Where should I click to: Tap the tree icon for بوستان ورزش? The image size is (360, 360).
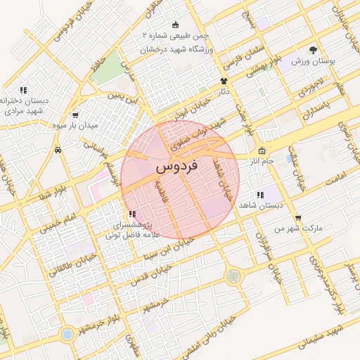[313, 51]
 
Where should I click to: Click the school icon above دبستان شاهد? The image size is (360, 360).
[260, 195]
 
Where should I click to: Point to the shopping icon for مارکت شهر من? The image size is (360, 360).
[300, 217]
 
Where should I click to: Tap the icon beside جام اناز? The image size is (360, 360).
[262, 150]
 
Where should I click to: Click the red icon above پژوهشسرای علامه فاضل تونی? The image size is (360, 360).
[132, 214]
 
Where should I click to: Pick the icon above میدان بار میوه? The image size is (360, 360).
[76, 115]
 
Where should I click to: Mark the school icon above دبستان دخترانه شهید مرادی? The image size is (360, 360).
[23, 90]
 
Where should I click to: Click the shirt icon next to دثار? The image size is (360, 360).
[225, 82]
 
